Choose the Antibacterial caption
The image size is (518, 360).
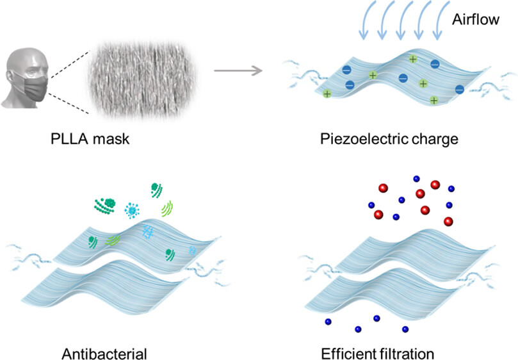click(x=105, y=353)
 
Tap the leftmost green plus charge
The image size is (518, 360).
click(x=328, y=94)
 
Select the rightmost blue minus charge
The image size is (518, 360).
click(x=459, y=90)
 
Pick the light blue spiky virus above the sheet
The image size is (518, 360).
click(x=133, y=210)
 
